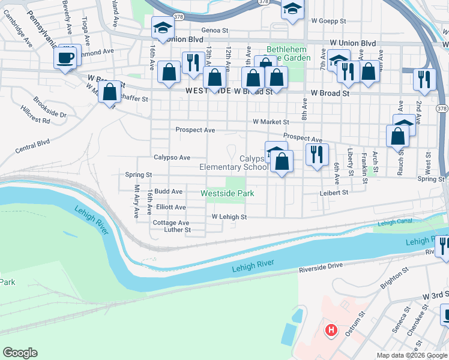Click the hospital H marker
coord(330,330)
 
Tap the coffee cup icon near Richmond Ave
coord(66,58)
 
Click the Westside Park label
coord(227,193)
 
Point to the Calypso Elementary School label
coord(234,163)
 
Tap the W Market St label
coord(271,122)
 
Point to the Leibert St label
coord(334,193)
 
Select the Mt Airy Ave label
coord(137,196)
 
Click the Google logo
coord(20,353)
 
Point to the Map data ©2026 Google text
coord(411,355)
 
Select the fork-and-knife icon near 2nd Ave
coord(424,79)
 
